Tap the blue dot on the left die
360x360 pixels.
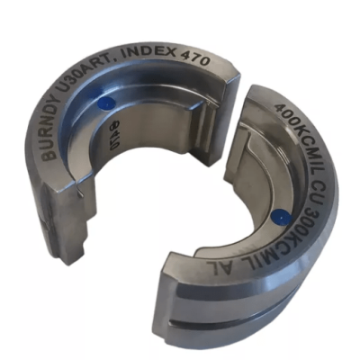[x=107, y=104]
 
